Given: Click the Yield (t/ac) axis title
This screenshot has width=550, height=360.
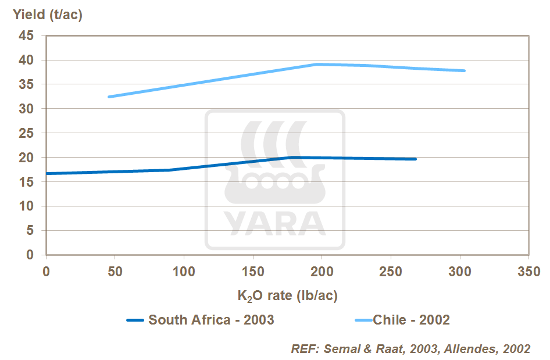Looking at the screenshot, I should tap(48, 15).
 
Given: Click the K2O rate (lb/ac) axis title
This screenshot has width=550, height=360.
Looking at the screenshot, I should tap(287, 295).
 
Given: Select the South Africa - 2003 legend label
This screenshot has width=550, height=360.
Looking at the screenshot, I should tap(211, 320).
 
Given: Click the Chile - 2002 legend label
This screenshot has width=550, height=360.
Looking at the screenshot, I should tap(411, 320).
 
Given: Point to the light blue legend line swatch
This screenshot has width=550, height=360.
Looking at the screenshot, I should tap(362, 320).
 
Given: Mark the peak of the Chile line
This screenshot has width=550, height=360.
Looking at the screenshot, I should tap(317, 64).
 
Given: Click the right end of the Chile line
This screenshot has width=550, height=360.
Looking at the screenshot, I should tap(465, 70).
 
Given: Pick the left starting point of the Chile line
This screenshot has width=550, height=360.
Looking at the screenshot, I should tap(109, 97).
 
